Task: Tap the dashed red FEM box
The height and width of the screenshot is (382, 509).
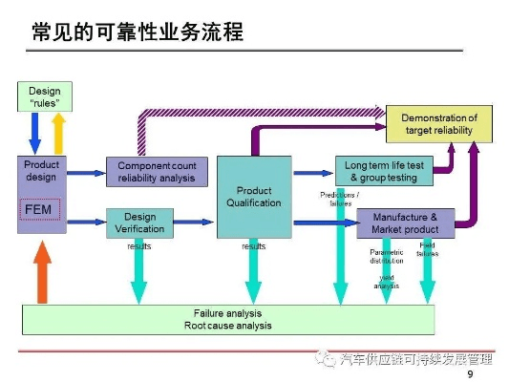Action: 41,208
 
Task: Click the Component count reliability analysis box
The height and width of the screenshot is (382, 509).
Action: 156,172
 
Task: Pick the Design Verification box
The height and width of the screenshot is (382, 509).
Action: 146,223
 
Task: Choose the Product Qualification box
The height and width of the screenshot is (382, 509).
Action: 254,197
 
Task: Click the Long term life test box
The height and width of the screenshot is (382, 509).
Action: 383,172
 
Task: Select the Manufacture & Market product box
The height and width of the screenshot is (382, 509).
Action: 405,223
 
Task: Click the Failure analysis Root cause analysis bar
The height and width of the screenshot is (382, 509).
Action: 227,319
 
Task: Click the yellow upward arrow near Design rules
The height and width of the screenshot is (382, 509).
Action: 58,131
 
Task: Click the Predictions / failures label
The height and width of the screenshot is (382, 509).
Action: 338,199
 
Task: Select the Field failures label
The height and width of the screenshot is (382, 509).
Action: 427,249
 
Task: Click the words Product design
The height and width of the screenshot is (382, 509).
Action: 41,171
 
